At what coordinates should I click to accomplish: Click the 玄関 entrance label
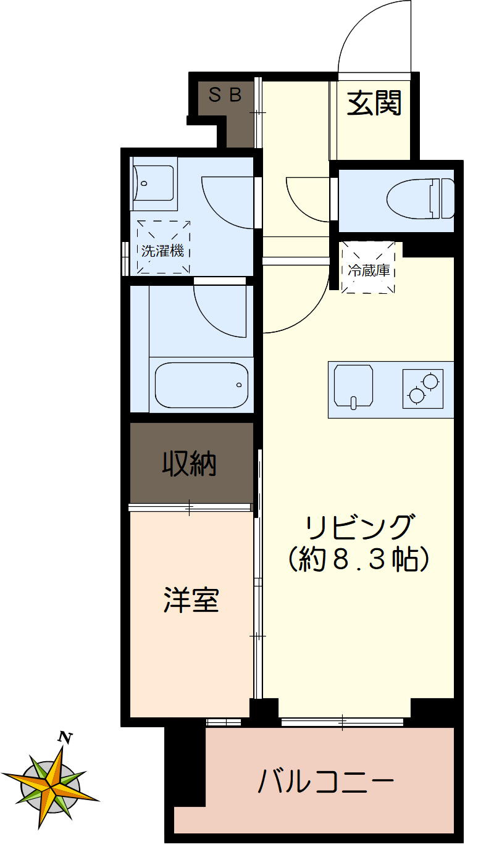coord(374,102)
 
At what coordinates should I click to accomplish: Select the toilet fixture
coord(421,199)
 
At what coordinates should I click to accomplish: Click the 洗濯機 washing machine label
coord(163,251)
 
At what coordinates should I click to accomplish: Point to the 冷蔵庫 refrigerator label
coord(369,270)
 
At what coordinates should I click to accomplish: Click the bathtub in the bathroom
coord(201,385)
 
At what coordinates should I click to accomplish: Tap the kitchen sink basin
coord(353,386)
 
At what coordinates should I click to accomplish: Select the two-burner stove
coord(423,388)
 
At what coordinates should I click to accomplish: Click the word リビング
coord(359,528)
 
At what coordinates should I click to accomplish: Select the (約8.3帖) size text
coord(359,560)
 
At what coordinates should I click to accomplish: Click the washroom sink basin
coord(153,183)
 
